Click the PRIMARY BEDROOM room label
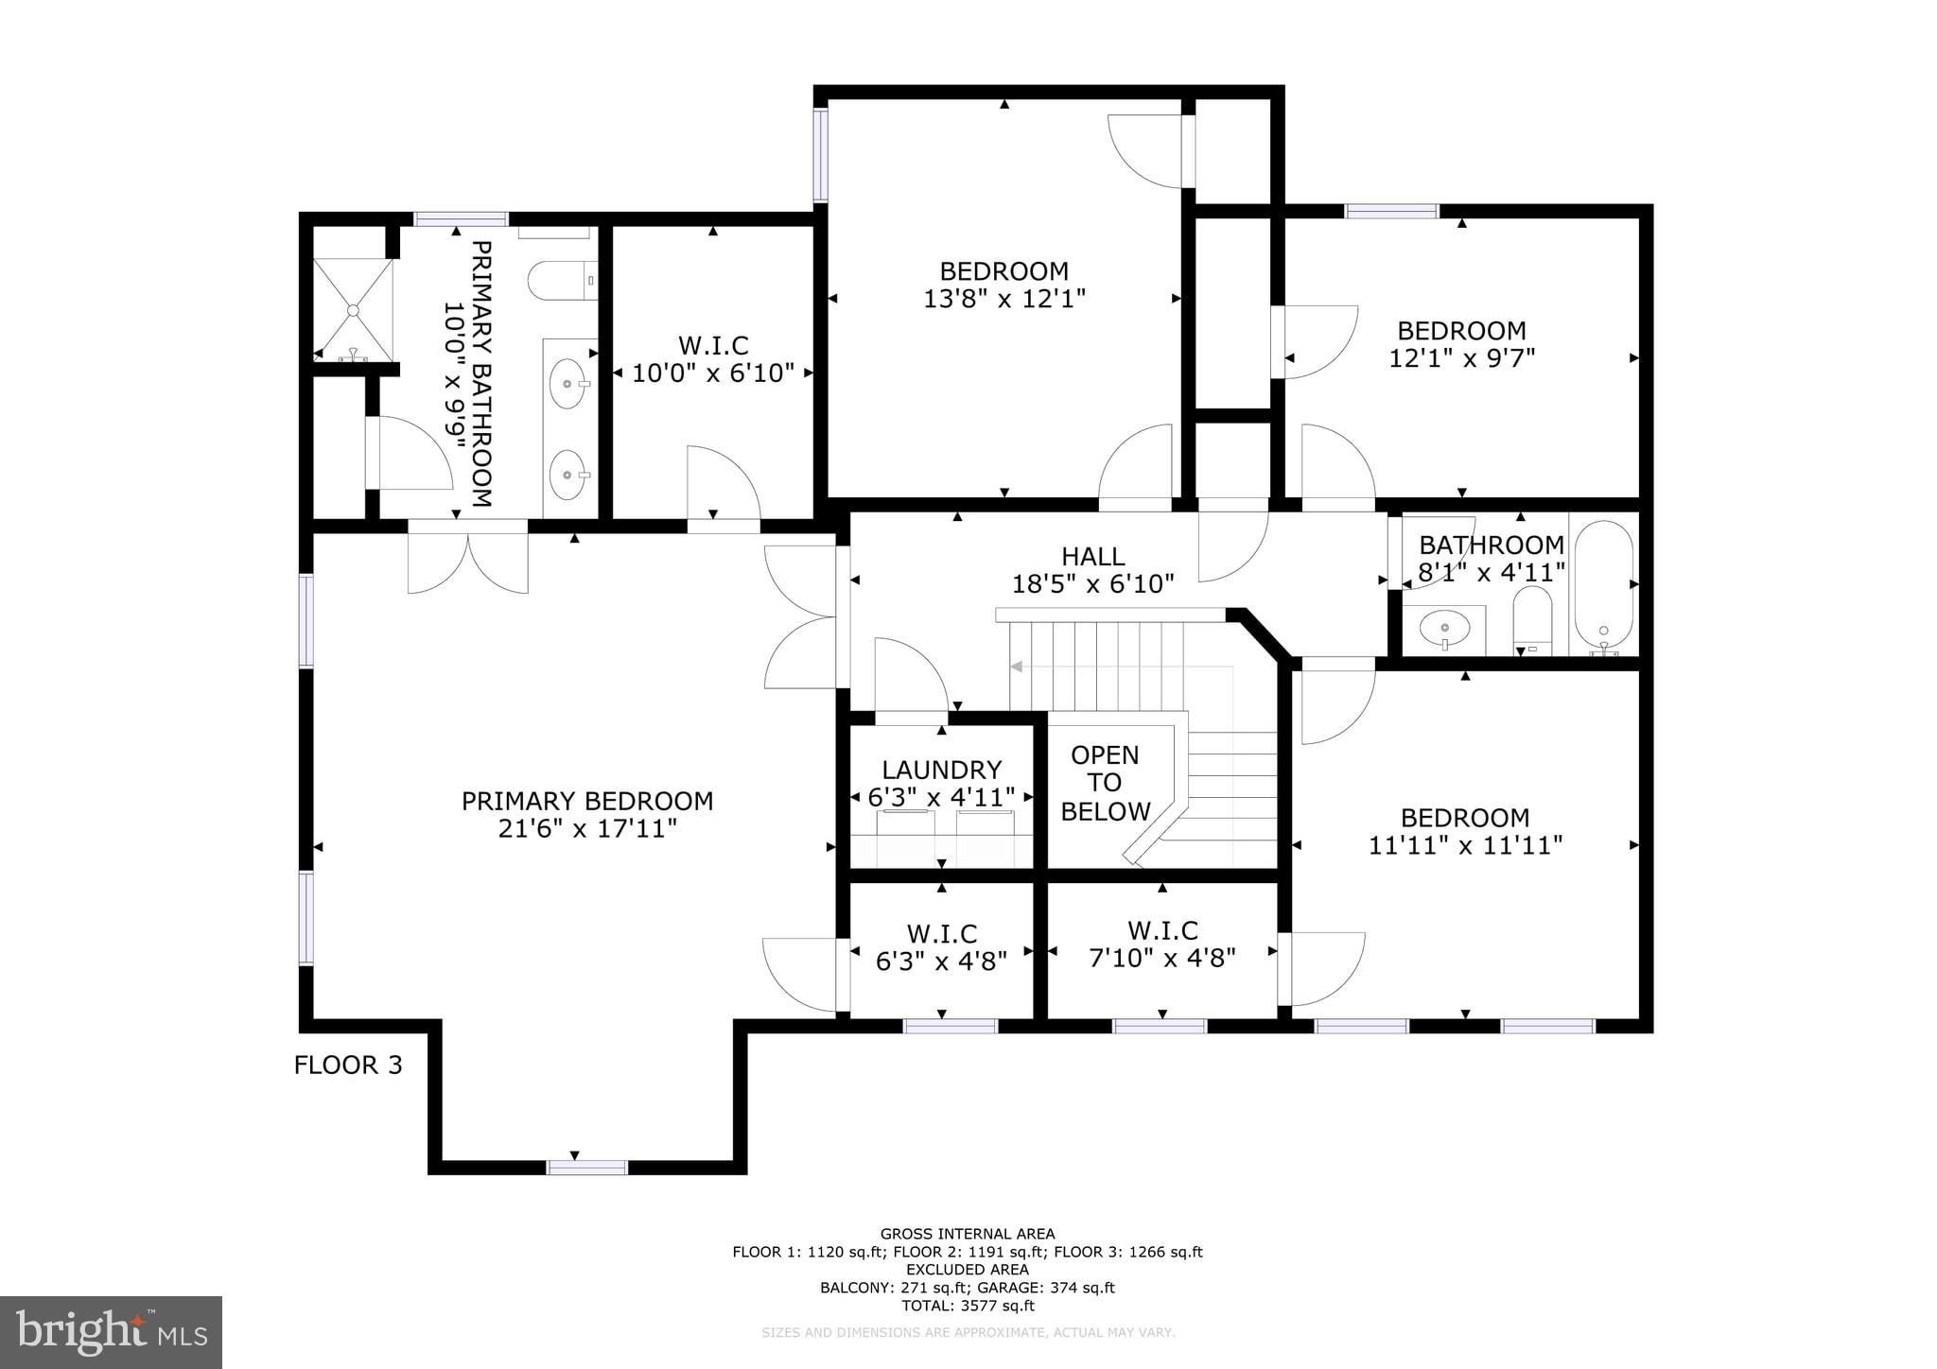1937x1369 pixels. pyautogui.click(x=587, y=801)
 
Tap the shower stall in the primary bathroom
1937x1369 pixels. pyautogui.click(x=353, y=310)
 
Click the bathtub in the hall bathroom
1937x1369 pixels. pyautogui.click(x=1603, y=586)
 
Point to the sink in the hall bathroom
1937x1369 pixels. pyautogui.click(x=1444, y=627)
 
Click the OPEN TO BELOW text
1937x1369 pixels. pyautogui.click(x=1105, y=783)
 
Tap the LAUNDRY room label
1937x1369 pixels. pyautogui.click(x=941, y=770)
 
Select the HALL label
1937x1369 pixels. pyautogui.click(x=1093, y=556)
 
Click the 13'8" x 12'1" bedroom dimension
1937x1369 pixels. pyautogui.click(x=1004, y=299)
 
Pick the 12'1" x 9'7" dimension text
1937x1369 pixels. pyautogui.click(x=1461, y=358)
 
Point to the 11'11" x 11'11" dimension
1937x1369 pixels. pyautogui.click(x=1465, y=845)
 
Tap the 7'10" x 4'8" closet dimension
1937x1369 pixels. pyautogui.click(x=1162, y=959)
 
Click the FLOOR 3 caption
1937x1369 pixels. pyautogui.click(x=348, y=1066)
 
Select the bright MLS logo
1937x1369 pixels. pyautogui.click(x=112, y=1332)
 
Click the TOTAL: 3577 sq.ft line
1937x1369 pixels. pyautogui.click(x=968, y=1306)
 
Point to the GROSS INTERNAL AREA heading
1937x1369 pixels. pyautogui.click(x=968, y=1234)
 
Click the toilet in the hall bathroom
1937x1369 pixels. pyautogui.click(x=1532, y=620)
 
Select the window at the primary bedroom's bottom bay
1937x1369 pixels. pyautogui.click(x=587, y=1168)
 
